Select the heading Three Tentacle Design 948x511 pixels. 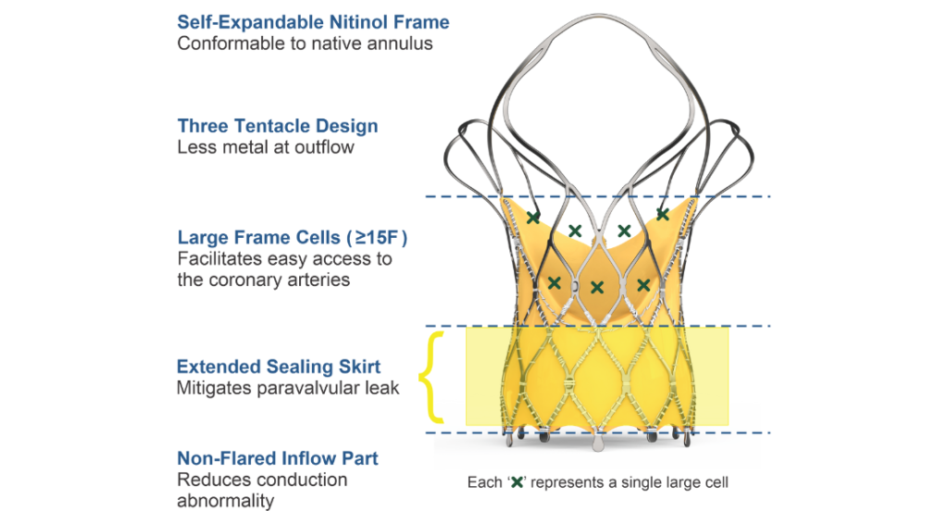click(278, 126)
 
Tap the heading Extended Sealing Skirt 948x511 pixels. click(279, 366)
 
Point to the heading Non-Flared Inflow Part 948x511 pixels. click(278, 458)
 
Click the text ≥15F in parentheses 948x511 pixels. click(379, 238)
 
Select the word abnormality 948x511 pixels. click(226, 501)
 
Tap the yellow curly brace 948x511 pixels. click(428, 378)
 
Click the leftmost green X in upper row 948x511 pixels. click(533, 218)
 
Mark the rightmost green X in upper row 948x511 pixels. click(663, 214)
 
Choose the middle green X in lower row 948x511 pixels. click(597, 288)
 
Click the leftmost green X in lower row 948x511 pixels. click(554, 282)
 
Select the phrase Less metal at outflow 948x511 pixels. click(266, 147)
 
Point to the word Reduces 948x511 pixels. click(211, 480)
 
